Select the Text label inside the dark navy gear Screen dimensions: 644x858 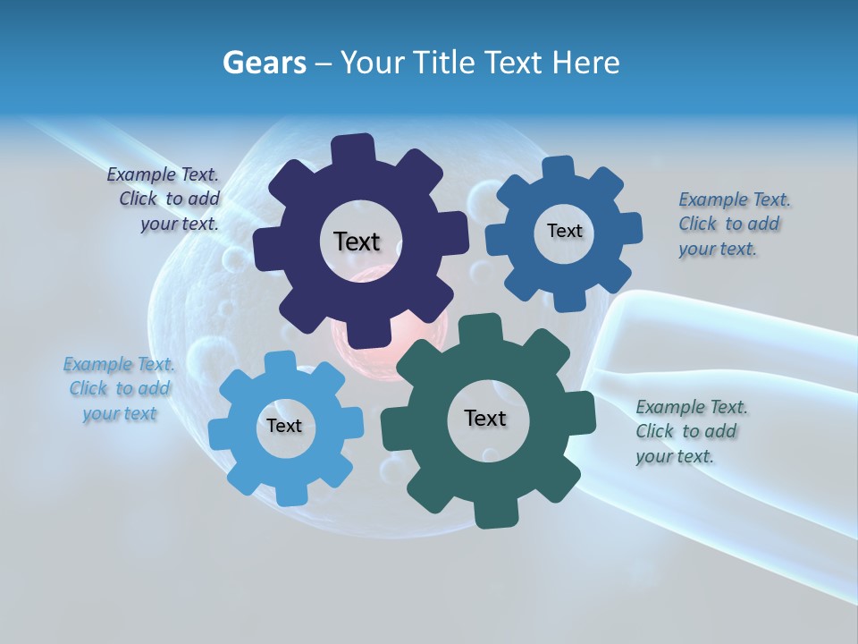click(x=357, y=241)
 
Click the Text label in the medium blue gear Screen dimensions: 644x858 click(x=564, y=231)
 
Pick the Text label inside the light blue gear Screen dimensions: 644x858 click(x=283, y=426)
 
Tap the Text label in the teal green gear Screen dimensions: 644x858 click(x=485, y=418)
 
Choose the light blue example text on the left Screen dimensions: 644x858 click(x=119, y=388)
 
